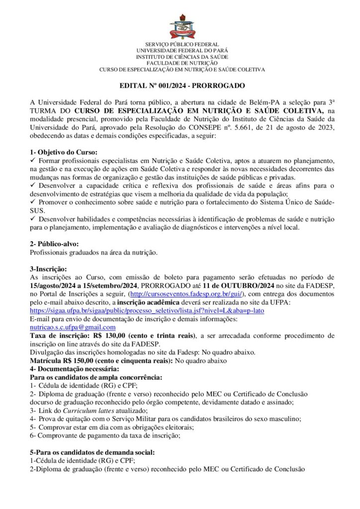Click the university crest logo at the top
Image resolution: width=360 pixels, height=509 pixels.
point(182,27)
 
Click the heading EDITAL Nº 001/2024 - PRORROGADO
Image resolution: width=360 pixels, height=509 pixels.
point(182,85)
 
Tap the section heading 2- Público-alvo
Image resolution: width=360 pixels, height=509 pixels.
point(55,244)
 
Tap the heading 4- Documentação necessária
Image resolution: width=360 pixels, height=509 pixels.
point(74,369)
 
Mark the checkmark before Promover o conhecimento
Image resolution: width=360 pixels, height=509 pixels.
point(33,202)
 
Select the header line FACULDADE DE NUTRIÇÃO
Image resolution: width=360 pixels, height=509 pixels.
point(182,63)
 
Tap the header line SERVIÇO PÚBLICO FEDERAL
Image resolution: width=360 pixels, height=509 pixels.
point(182,44)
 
